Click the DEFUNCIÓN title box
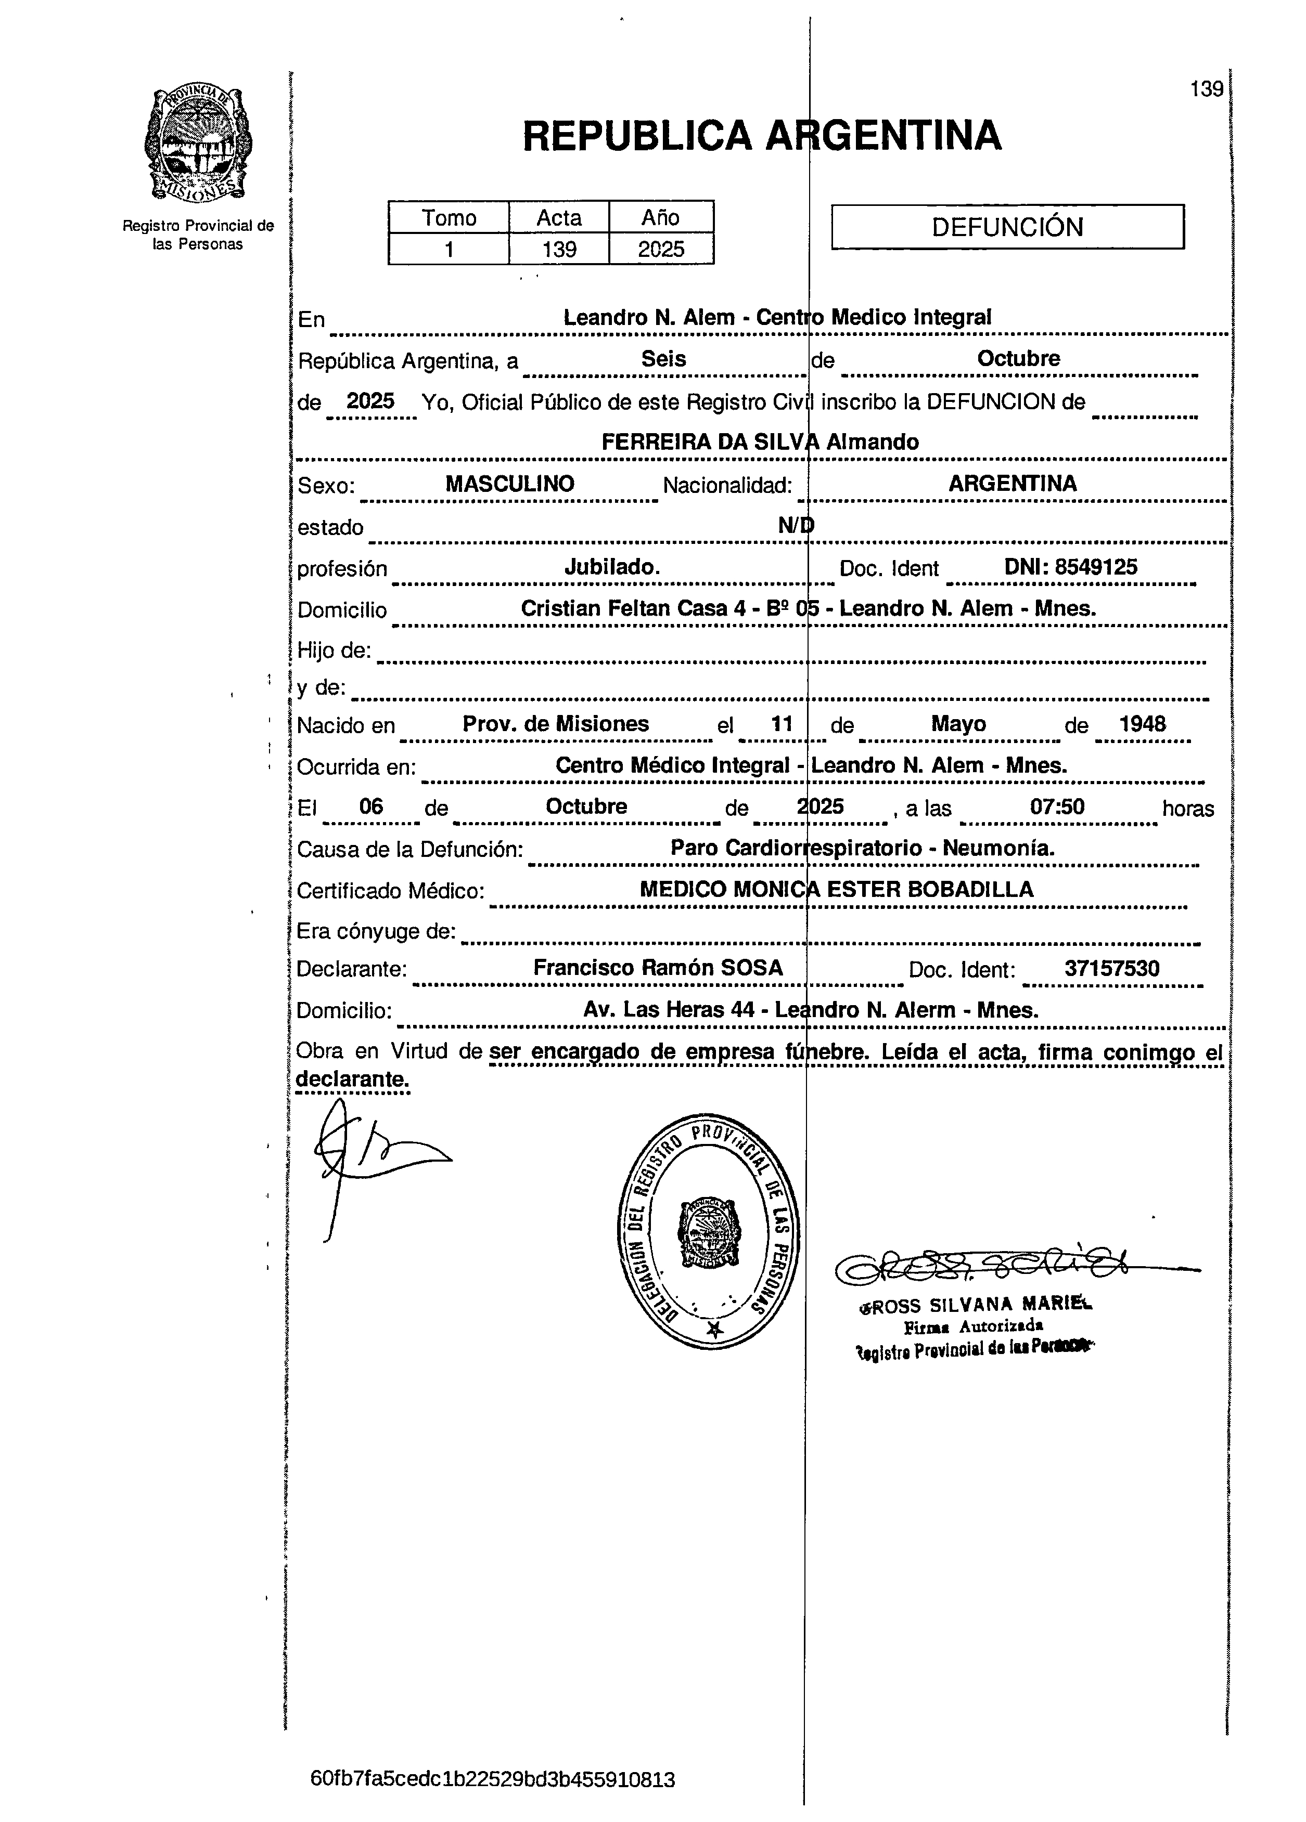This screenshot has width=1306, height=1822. click(x=1006, y=227)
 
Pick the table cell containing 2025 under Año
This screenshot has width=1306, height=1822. click(x=661, y=249)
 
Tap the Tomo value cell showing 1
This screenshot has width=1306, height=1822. click(x=449, y=249)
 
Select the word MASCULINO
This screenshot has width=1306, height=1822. click(x=509, y=484)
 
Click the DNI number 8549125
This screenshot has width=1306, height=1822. click(x=1095, y=567)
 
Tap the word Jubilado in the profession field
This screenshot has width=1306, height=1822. click(x=611, y=567)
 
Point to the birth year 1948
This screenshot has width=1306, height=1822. click(x=1142, y=724)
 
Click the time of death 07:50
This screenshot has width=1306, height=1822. click(x=1057, y=806)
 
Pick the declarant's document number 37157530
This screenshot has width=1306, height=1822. click(x=1111, y=969)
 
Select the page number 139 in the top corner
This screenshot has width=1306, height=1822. click(x=1206, y=89)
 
